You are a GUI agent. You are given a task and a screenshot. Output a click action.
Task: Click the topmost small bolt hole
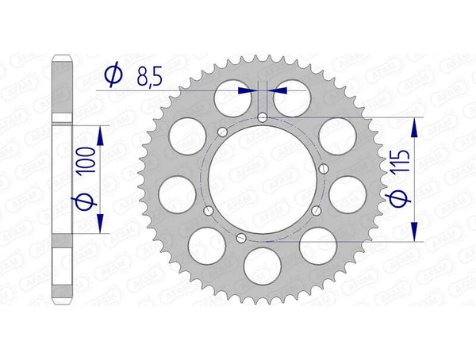click(x=263, y=118)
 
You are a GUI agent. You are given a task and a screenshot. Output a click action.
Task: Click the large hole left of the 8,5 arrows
click(x=230, y=98)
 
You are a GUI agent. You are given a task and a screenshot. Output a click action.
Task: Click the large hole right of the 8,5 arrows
click(x=292, y=98)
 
